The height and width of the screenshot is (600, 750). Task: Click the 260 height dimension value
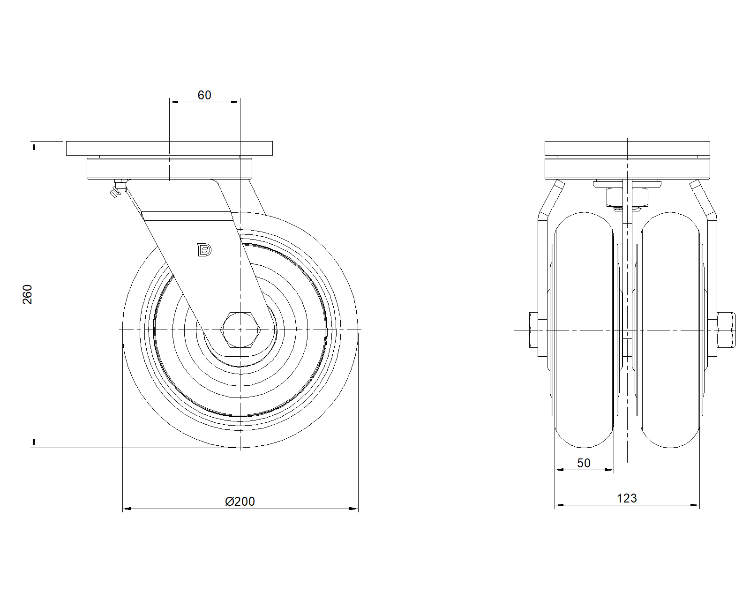(x=28, y=294)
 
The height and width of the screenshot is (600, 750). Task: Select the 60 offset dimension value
(x=204, y=95)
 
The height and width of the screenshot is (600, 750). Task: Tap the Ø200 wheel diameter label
(x=240, y=502)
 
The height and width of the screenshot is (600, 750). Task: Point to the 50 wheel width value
(x=584, y=463)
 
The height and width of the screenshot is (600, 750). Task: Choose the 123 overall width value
(x=627, y=499)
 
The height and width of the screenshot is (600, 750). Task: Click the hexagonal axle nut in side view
(x=240, y=330)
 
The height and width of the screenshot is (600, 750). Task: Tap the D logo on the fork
(x=204, y=250)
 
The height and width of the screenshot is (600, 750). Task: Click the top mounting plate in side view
(x=169, y=149)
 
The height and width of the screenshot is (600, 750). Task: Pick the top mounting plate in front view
(x=627, y=149)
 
